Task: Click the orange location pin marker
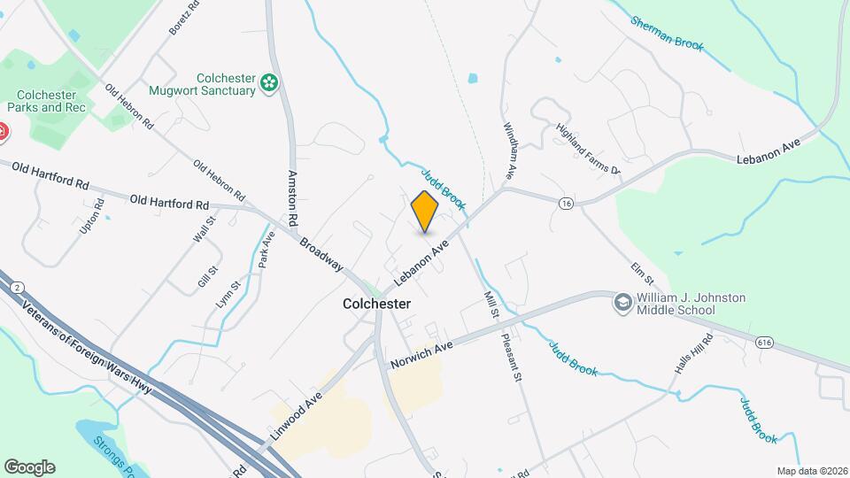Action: tap(425, 211)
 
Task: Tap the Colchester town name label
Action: tap(377, 304)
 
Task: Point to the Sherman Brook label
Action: tap(668, 34)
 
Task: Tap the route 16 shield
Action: tap(566, 204)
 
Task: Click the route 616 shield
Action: tap(765, 341)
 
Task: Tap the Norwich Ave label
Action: tap(421, 353)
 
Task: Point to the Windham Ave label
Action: tap(509, 151)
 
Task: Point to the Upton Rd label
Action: tap(86, 217)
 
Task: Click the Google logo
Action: tap(29, 466)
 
